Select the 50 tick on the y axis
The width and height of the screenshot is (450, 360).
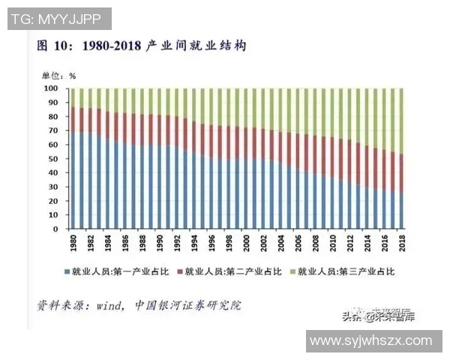point(54,159)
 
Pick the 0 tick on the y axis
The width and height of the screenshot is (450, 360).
point(56,229)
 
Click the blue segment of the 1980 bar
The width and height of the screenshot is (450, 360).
point(73,181)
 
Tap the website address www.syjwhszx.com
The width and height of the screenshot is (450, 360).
point(372,340)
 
